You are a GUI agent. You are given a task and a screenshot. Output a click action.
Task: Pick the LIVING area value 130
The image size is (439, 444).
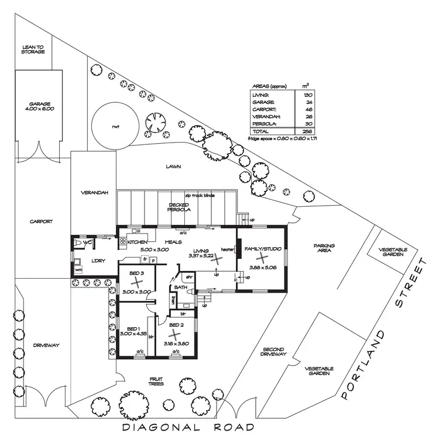(x=307, y=95)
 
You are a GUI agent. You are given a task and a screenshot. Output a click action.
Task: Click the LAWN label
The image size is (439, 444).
(x=173, y=166)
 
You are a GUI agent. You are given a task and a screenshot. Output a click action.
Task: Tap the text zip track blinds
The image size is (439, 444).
(x=200, y=196)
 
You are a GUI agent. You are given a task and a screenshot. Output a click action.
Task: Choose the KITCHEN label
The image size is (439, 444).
(x=137, y=242)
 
